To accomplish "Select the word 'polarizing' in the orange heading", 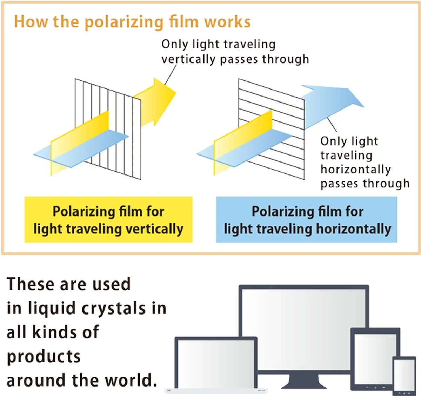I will [x=124, y=22].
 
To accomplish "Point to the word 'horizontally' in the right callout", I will [x=355, y=169].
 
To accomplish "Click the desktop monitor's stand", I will [x=303, y=381].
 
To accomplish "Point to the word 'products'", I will [x=44, y=357].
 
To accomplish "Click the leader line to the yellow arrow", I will [x=170, y=75].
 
